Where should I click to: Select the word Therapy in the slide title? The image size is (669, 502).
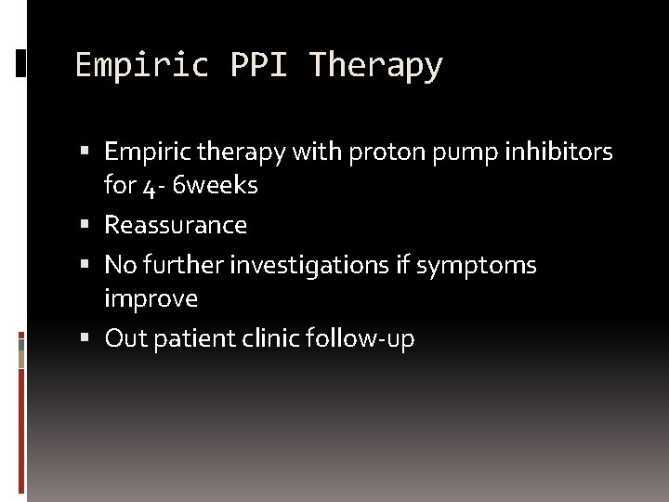(x=376, y=66)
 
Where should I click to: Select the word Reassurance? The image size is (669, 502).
(x=176, y=225)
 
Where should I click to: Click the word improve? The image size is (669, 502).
(x=151, y=299)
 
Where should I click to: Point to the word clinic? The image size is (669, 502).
(x=270, y=338)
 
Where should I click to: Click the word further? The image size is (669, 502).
(x=184, y=266)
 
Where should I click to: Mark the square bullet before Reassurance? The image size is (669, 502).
(x=85, y=225)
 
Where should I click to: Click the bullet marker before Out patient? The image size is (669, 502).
(x=85, y=338)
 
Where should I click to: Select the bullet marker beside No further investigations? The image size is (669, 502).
(x=85, y=266)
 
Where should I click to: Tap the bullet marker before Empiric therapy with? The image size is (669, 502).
(x=85, y=152)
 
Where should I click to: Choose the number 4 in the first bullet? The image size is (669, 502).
(x=150, y=187)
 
